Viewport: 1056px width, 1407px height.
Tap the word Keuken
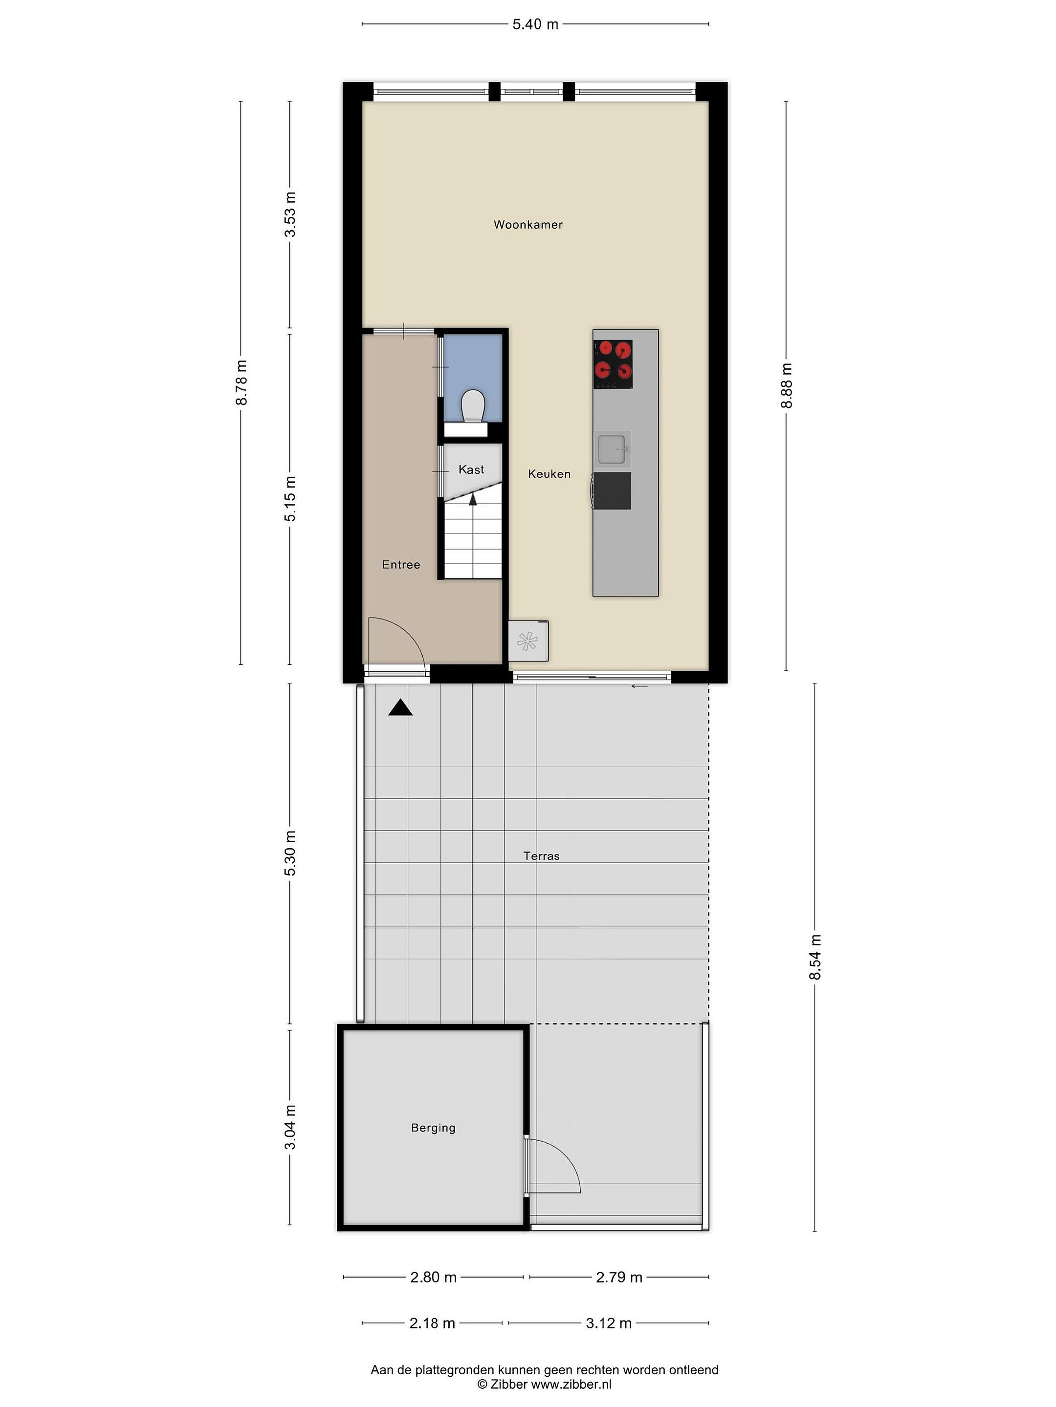click(550, 474)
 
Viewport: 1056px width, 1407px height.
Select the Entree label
click(401, 564)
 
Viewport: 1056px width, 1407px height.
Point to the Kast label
click(471, 469)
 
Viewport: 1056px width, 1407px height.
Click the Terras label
click(542, 856)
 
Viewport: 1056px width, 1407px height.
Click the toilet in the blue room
click(473, 406)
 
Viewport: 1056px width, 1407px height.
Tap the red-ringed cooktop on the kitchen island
click(613, 364)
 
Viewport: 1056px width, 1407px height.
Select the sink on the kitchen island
click(614, 448)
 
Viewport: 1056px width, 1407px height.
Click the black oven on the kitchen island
click(612, 490)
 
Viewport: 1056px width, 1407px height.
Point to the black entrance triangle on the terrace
click(400, 707)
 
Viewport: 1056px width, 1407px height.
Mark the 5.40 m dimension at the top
click(535, 24)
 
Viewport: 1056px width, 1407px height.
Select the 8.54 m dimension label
click(815, 957)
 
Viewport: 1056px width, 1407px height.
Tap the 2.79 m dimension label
click(619, 1277)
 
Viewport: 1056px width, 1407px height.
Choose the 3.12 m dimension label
click(609, 1323)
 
